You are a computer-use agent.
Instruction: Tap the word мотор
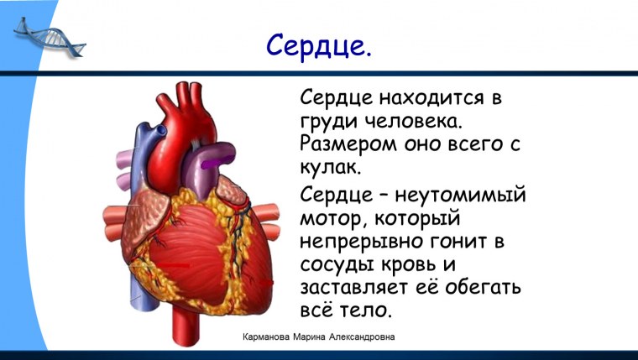pyautogui.click(x=332, y=219)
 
